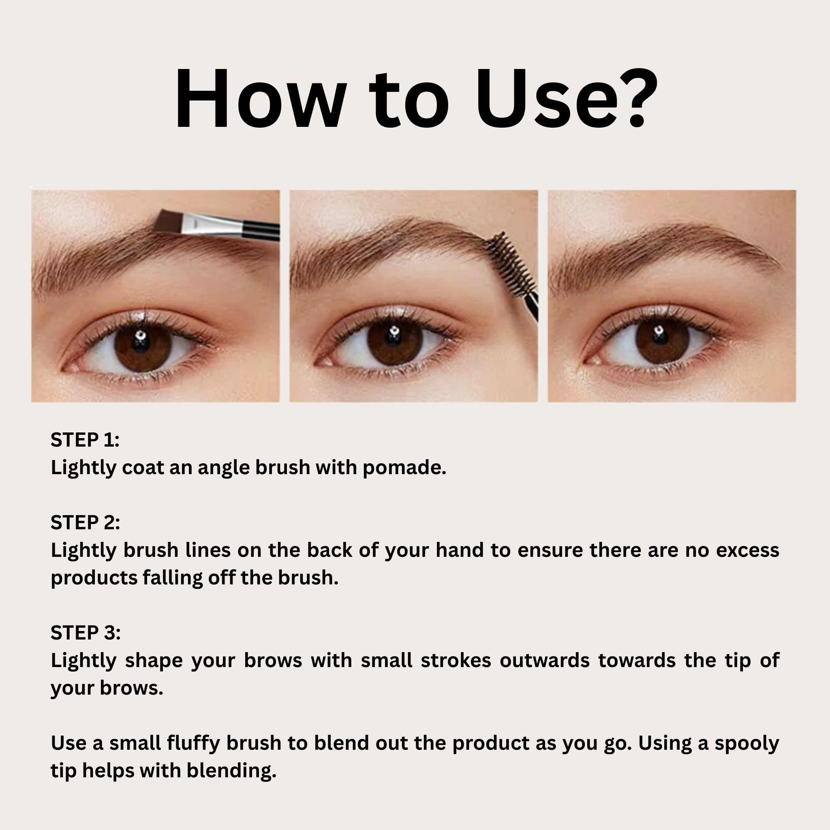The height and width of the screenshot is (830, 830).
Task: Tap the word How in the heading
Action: click(x=260, y=99)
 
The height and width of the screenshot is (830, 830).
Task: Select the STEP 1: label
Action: click(x=85, y=440)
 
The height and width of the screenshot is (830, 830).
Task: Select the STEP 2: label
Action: click(x=86, y=522)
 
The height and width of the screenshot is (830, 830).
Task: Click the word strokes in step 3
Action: click(x=456, y=661)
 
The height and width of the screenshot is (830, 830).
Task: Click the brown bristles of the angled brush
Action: click(x=170, y=221)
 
